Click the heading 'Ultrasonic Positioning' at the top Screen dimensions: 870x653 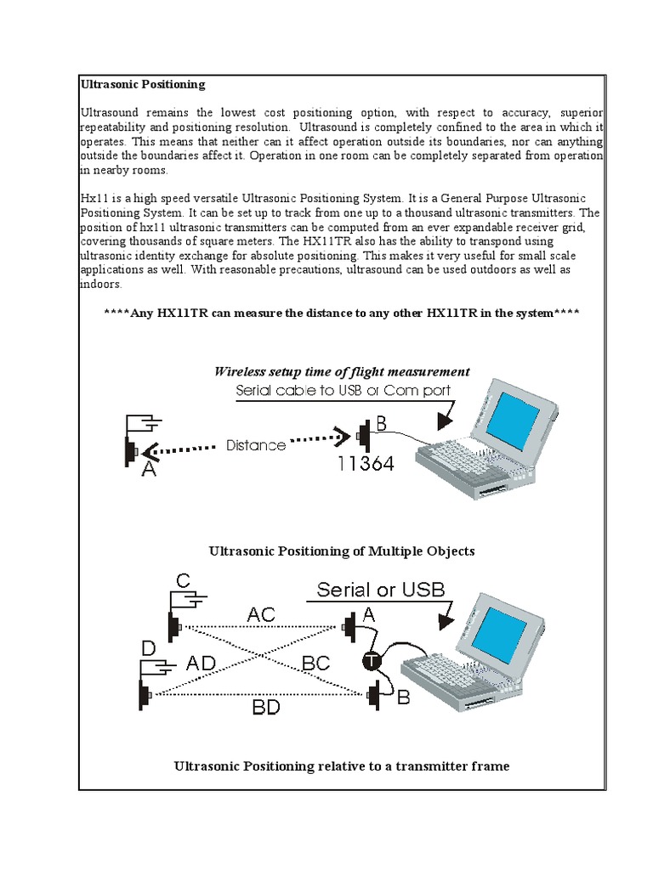point(143,84)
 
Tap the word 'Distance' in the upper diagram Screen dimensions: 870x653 point(256,444)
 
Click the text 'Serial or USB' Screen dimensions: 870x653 point(380,590)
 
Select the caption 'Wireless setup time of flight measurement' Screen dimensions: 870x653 point(342,371)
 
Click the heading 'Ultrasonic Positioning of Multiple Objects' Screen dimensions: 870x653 point(342,551)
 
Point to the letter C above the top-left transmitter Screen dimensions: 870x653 point(184,581)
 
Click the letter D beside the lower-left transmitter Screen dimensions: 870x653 point(150,648)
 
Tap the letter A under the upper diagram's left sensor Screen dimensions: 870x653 point(149,468)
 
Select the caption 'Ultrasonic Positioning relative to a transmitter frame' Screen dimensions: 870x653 point(342,766)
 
